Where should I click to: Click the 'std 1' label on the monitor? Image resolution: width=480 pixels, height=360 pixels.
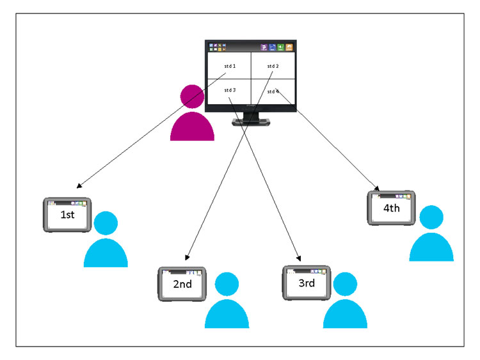click(230, 66)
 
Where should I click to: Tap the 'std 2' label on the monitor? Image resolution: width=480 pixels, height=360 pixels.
click(273, 66)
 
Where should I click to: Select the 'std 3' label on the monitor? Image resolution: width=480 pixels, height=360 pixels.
click(230, 90)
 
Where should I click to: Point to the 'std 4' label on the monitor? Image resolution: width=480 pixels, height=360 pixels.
click(273, 91)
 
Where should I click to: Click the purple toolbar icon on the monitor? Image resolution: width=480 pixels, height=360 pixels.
click(264, 47)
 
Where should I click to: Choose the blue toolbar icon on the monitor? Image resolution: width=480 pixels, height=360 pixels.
click(272, 47)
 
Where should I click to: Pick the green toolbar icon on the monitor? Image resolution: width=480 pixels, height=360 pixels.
click(280, 47)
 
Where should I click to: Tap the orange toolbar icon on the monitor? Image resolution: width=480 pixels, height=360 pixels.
click(289, 47)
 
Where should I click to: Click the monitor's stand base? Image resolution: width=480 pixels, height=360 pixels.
click(252, 122)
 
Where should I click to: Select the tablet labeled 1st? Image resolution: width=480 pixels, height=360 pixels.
click(67, 215)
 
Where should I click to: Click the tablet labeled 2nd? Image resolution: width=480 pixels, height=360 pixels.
click(182, 284)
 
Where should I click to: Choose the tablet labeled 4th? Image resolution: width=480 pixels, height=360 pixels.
click(392, 208)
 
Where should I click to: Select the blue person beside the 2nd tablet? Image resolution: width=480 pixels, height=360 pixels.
click(227, 301)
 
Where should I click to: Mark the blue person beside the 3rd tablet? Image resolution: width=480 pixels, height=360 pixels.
click(345, 301)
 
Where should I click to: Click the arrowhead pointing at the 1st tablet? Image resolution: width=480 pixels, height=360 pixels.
click(79, 186)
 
